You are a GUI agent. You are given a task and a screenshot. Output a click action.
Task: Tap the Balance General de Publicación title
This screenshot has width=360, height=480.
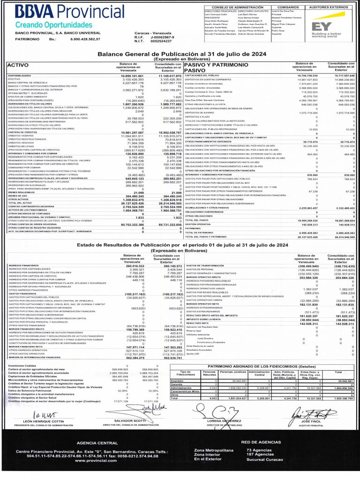(x=181, y=54)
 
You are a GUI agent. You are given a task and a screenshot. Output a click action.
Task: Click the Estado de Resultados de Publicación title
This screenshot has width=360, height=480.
(x=180, y=245)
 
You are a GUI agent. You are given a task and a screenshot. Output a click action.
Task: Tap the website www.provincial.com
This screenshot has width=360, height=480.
(x=96, y=460)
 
